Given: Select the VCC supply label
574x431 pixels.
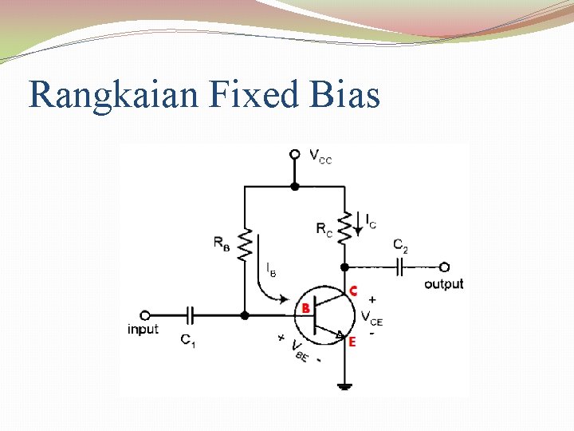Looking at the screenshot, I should pyautogui.click(x=320, y=157).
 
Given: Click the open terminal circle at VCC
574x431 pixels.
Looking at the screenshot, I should pyautogui.click(x=294, y=154).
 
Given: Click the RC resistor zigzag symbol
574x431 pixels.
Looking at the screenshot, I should pyautogui.click(x=344, y=227).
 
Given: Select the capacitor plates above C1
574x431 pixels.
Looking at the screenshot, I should pyautogui.click(x=191, y=314).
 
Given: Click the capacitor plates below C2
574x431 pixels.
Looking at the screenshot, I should pyautogui.click(x=403, y=267).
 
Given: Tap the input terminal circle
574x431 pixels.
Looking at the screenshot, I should pyautogui.click(x=144, y=314).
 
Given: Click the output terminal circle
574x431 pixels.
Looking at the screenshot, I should pyautogui.click(x=444, y=267).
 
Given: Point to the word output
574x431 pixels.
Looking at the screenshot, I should pyautogui.click(x=443, y=284).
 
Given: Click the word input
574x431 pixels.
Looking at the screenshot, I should pyautogui.click(x=143, y=329).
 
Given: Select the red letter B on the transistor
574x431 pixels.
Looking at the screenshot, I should pyautogui.click(x=305, y=308).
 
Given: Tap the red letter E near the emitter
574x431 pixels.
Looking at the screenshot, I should pyautogui.click(x=352, y=341).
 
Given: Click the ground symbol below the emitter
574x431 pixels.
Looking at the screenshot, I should pyautogui.click(x=344, y=387).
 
